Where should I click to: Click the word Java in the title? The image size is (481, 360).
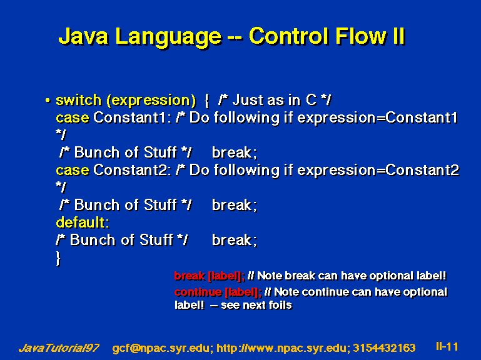(83, 36)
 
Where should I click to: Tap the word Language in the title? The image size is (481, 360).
(168, 37)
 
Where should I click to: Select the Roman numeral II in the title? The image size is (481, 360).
(398, 36)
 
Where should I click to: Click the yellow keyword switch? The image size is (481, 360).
(79, 100)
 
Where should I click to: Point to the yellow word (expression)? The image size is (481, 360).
(151, 101)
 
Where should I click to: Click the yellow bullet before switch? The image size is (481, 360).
(48, 100)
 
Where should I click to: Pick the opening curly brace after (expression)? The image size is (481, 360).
(207, 101)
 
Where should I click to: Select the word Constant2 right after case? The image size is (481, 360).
(131, 170)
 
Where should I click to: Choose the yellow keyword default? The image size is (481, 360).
(83, 222)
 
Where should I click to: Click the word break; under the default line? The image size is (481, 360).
(235, 240)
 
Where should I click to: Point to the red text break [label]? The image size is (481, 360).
(210, 276)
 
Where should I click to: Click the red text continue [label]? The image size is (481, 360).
(218, 292)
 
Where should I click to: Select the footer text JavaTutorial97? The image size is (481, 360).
(59, 348)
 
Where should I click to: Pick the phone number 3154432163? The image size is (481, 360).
(384, 348)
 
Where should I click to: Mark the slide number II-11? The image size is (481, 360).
(447, 346)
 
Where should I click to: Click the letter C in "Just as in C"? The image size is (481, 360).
(311, 100)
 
